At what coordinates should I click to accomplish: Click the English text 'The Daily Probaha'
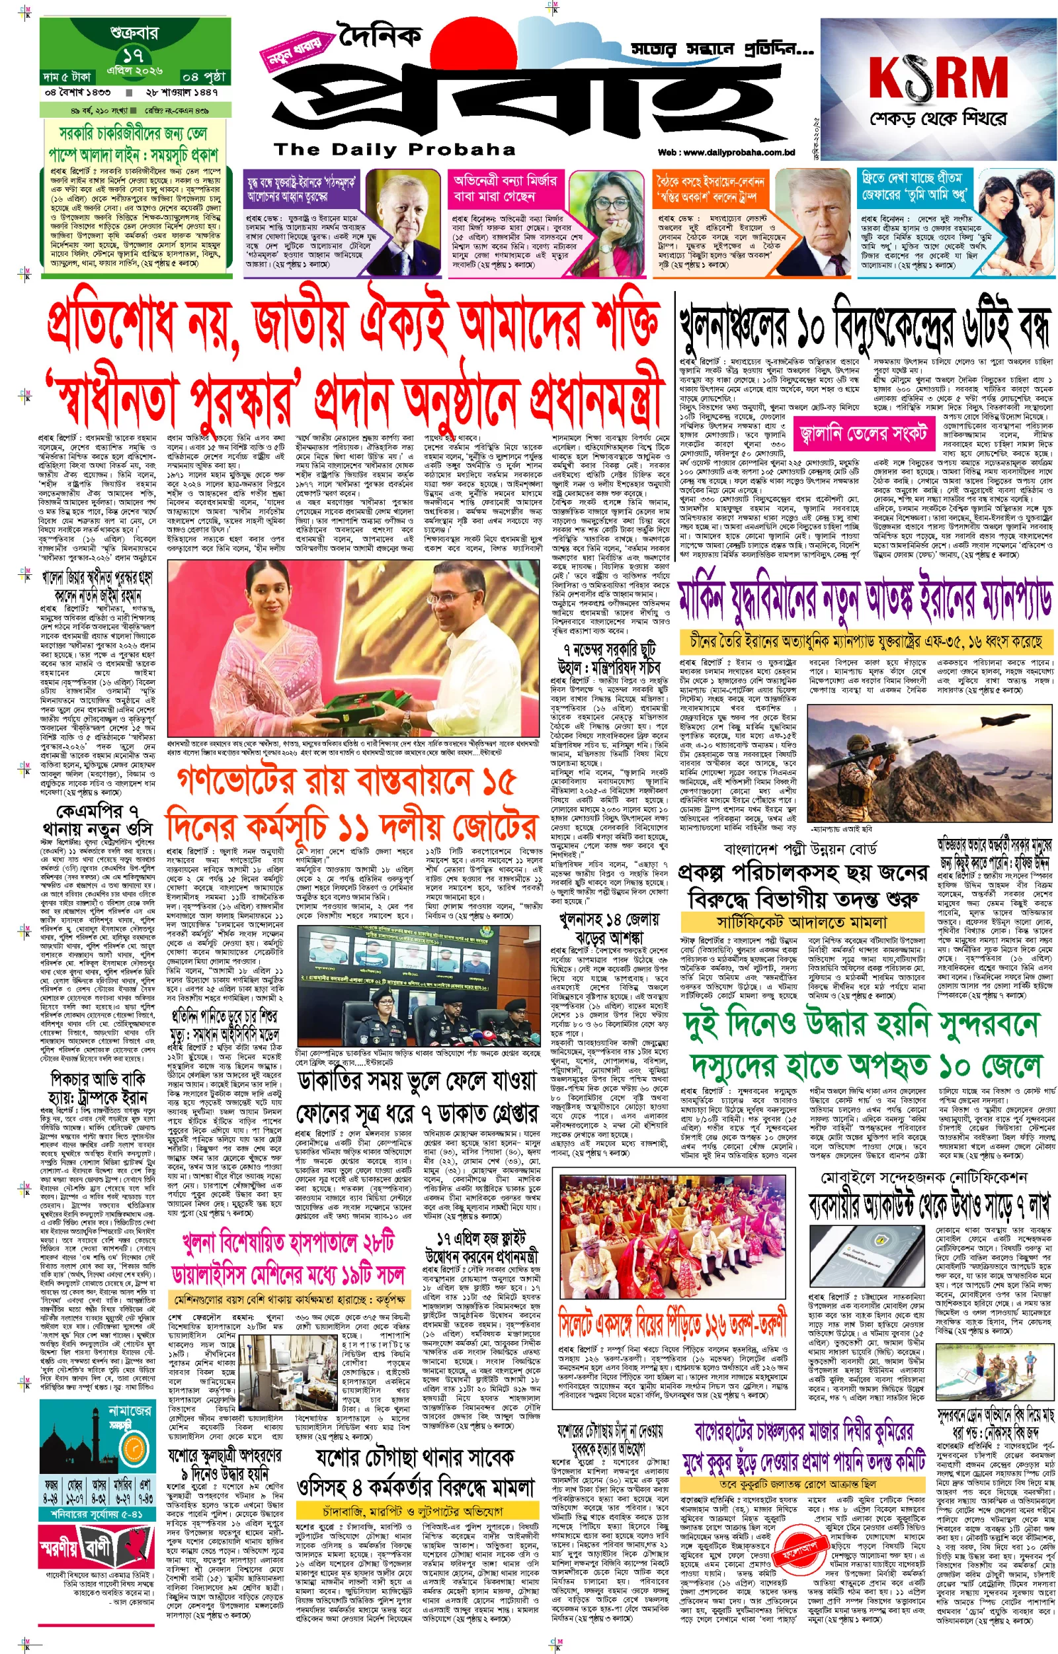[x=394, y=149]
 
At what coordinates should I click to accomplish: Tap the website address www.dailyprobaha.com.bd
[x=726, y=153]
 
